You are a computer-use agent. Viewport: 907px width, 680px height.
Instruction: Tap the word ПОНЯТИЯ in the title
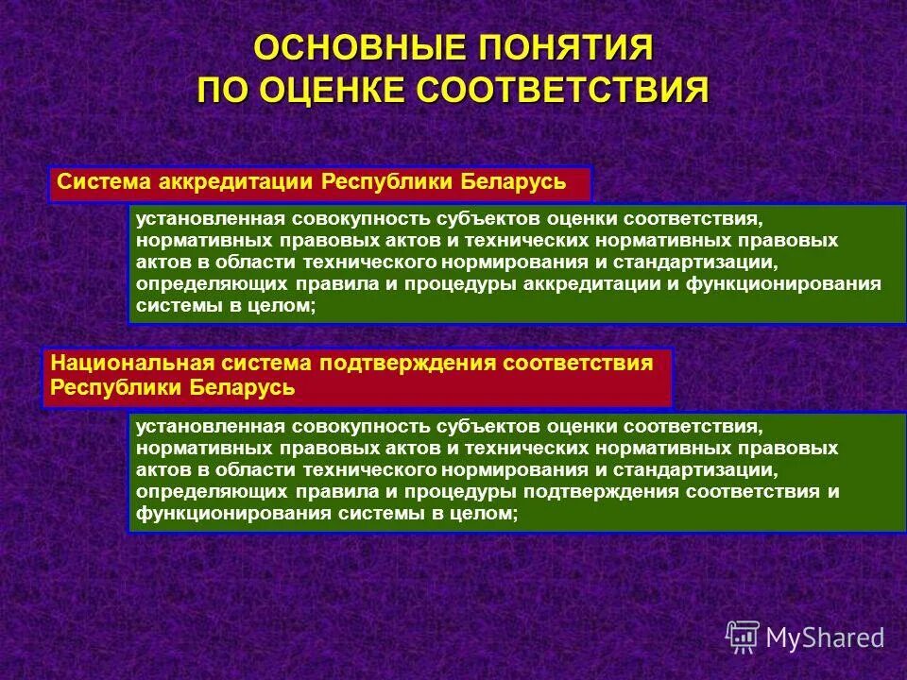point(563,47)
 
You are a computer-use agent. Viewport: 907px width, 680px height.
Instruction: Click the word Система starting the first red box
point(95,181)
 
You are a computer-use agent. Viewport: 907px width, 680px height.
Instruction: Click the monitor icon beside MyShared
point(743,637)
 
